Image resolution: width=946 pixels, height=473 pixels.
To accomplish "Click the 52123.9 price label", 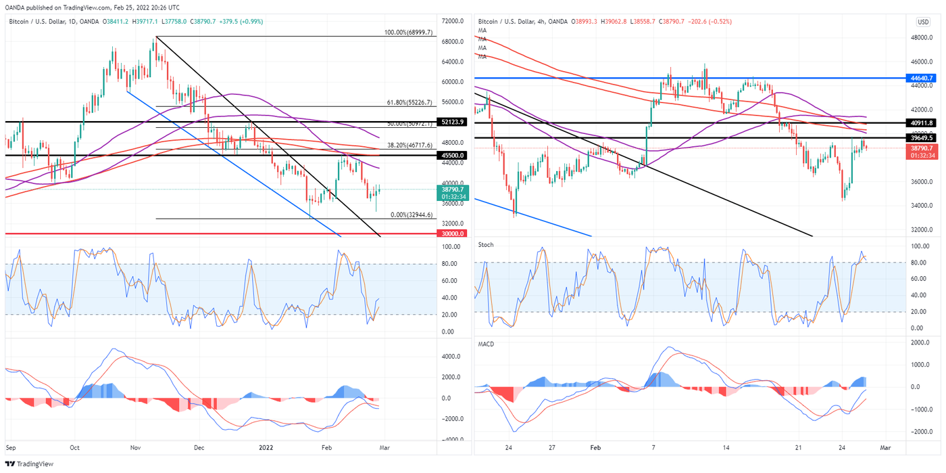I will pos(451,122).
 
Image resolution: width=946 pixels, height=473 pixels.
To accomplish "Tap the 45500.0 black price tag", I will pos(451,155).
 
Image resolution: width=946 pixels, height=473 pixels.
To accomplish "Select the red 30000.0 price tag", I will pos(451,233).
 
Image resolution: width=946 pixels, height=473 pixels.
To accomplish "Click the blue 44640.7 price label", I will pos(921,78).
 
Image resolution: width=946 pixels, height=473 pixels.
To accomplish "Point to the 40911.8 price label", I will pos(921,122).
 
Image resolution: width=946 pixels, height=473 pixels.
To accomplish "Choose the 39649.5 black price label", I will pos(921,137).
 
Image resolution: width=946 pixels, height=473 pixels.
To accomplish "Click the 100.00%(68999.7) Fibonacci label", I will pos(414,32).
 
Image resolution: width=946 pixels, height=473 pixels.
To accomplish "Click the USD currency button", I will pos(923,22).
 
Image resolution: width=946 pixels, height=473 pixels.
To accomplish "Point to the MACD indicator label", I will pos(487,344).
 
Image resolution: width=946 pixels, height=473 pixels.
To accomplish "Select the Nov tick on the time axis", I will pos(135,448).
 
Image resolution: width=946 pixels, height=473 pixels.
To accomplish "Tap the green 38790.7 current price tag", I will pos(451,193).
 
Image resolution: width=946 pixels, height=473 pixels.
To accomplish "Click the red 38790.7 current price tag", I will pos(921,152).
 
